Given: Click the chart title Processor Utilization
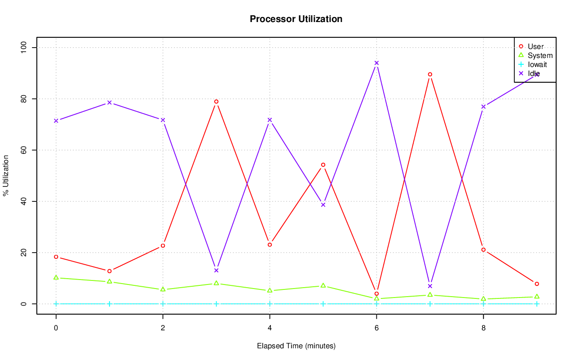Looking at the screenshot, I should (x=296, y=19).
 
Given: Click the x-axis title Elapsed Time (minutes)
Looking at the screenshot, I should (x=296, y=346).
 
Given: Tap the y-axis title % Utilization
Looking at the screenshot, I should (x=6, y=175).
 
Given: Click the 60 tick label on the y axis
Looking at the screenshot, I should (x=23, y=150).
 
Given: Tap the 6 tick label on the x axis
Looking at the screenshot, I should (x=376, y=328).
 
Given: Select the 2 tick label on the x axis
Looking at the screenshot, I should (x=163, y=328).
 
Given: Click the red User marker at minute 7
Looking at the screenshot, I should (x=430, y=75).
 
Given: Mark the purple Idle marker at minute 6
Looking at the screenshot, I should (x=376, y=63).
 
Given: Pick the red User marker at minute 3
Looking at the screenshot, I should (x=216, y=102).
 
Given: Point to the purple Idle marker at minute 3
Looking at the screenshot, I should (x=216, y=271).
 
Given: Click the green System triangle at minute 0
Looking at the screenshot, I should (x=56, y=277).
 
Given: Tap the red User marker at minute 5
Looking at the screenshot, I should (x=323, y=165).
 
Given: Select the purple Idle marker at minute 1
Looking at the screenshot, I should (x=109, y=102).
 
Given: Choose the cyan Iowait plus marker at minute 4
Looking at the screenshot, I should (x=270, y=304).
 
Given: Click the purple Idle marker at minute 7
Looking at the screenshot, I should (x=430, y=286).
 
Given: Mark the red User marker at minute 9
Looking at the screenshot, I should (x=537, y=284).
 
